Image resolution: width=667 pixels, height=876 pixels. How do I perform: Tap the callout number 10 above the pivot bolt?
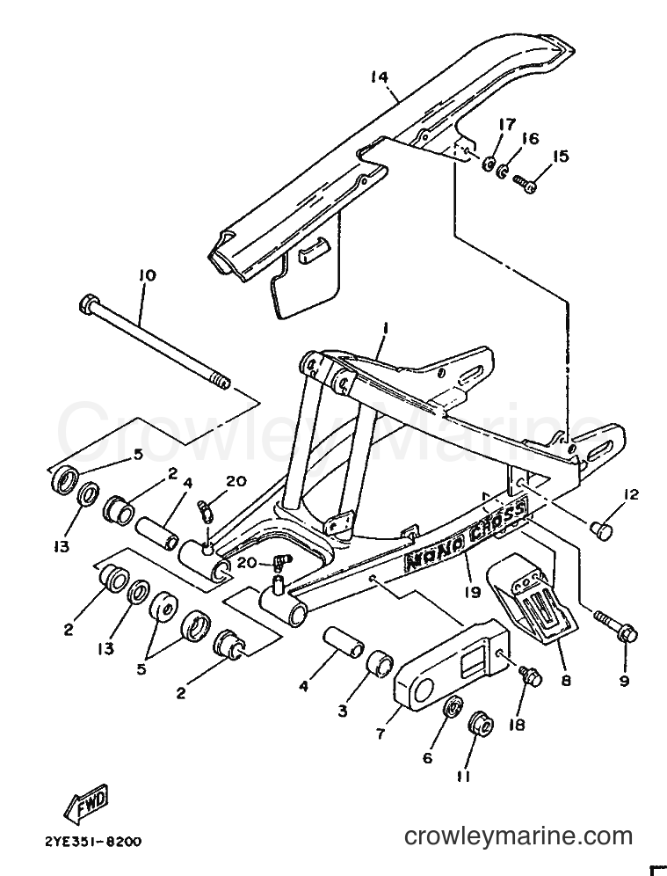click(x=147, y=275)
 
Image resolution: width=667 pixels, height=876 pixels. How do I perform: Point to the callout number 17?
click(x=507, y=124)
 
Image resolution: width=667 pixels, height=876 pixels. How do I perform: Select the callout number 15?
click(x=560, y=156)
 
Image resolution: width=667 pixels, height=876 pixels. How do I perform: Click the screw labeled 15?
click(x=525, y=184)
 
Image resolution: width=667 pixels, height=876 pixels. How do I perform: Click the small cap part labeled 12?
click(x=601, y=529)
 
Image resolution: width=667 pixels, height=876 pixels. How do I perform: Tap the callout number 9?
click(x=624, y=680)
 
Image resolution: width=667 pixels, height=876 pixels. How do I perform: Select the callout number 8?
click(x=566, y=681)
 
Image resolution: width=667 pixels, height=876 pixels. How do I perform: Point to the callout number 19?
click(x=473, y=592)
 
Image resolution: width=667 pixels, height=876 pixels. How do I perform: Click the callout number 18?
click(x=517, y=724)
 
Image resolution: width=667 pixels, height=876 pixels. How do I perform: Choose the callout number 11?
click(x=464, y=776)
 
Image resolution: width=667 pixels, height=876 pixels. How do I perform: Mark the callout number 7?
click(x=381, y=734)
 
